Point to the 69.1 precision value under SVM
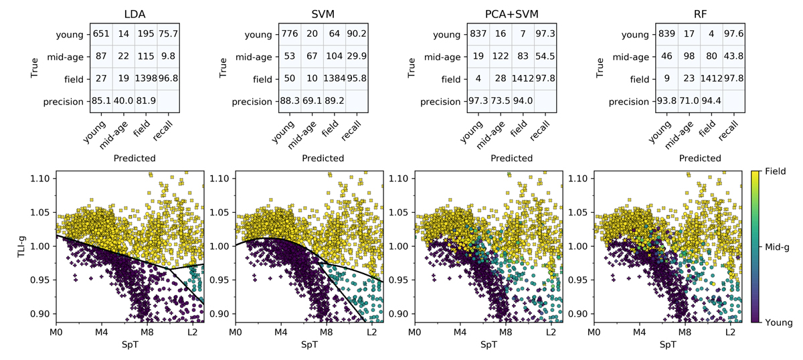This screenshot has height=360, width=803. tap(310, 102)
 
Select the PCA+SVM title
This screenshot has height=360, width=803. tap(512, 13)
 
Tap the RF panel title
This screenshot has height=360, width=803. tap(699, 13)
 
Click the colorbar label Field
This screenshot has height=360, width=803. tap(776, 172)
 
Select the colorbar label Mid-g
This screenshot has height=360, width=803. tap(778, 247)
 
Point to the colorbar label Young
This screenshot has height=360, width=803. tap(778, 323)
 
